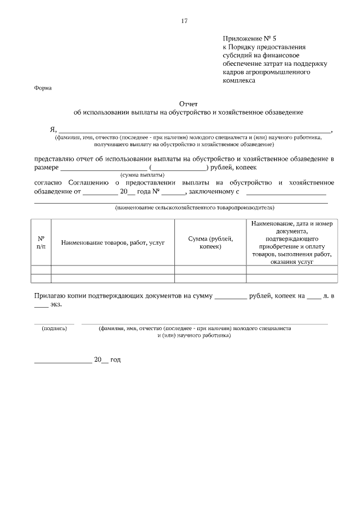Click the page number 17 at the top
184,21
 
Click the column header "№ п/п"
41,242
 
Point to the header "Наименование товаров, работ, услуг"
113,243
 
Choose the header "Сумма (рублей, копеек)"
210,242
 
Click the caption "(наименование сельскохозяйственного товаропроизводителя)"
194,208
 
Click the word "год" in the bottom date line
115,359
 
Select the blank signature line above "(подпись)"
54,323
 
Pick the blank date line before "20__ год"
63,362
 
